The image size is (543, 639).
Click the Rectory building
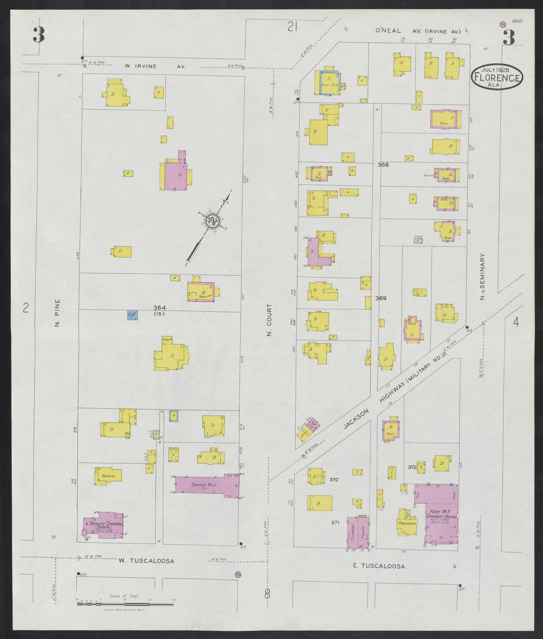108,476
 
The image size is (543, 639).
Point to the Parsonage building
407,523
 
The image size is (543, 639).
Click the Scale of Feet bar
126,604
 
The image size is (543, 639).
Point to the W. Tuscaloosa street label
146,561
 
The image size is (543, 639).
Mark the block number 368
383,164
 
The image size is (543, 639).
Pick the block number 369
380,298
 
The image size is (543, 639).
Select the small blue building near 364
132,315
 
